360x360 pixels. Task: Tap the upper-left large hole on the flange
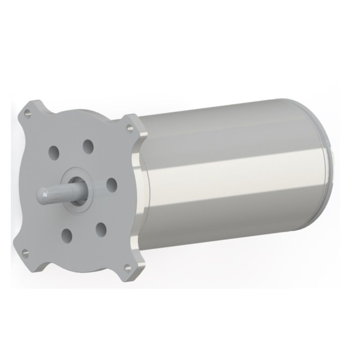click(55, 152)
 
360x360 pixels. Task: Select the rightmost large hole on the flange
click(111, 184)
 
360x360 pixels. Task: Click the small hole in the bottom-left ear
click(25, 251)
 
